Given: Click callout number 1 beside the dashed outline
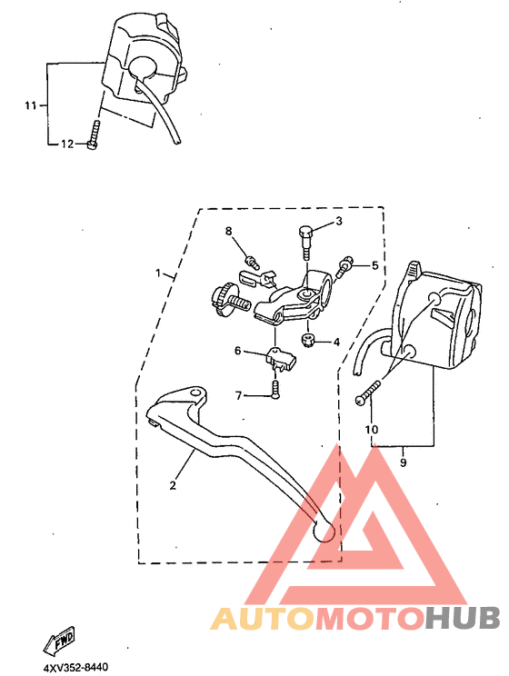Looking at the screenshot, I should (158, 273).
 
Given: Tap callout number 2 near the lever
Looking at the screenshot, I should (172, 484).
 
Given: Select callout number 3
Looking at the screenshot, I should (339, 221).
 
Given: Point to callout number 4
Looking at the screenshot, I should (335, 343).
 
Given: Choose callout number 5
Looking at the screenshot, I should (373, 265).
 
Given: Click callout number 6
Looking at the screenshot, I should (238, 351).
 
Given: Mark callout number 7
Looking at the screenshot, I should (239, 395).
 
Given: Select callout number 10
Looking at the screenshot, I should (371, 429).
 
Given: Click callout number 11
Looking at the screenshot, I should (30, 106).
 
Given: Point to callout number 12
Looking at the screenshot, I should (66, 144).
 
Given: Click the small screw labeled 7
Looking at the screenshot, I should (274, 389).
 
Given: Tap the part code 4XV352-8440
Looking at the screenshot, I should (75, 668).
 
